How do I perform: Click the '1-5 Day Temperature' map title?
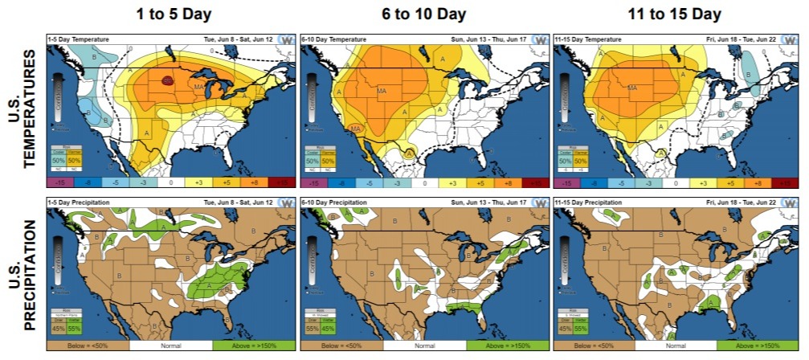tap(76, 38)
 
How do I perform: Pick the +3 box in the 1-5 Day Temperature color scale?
tap(198, 183)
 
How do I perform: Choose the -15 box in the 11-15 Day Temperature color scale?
tap(566, 183)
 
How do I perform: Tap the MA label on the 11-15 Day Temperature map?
tap(632, 88)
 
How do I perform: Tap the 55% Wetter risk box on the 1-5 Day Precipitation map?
tap(73, 327)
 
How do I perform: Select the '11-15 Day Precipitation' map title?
tap(587, 198)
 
